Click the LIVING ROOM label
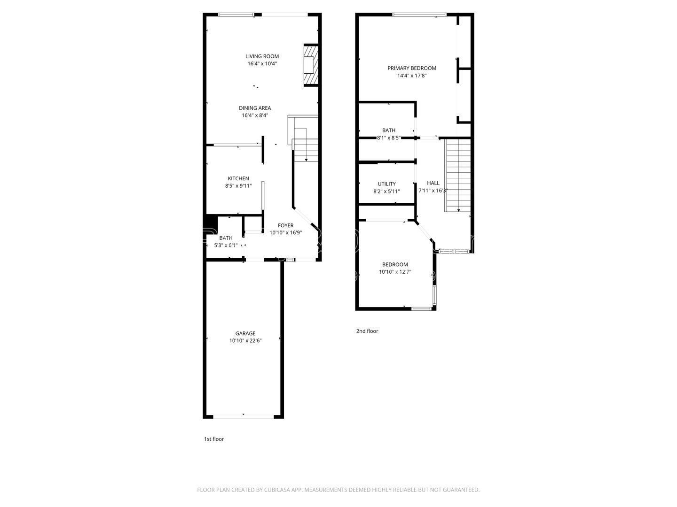pyautogui.click(x=262, y=56)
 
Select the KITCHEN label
pyautogui.click(x=238, y=178)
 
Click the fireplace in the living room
pyautogui.click(x=311, y=65)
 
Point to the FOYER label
pyautogui.click(x=285, y=225)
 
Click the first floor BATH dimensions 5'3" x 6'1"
pyautogui.click(x=226, y=245)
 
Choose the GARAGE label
pyautogui.click(x=245, y=333)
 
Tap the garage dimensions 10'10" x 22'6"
pyautogui.click(x=245, y=341)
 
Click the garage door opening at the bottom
pyautogui.click(x=244, y=416)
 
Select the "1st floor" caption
pyautogui.click(x=214, y=439)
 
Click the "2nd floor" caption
pyautogui.click(x=367, y=331)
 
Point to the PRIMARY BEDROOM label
pyautogui.click(x=412, y=68)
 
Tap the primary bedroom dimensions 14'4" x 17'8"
pyautogui.click(x=412, y=76)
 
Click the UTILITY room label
pyautogui.click(x=386, y=184)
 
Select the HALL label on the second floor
pyautogui.click(x=433, y=183)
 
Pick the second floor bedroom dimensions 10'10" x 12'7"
pyautogui.click(x=395, y=272)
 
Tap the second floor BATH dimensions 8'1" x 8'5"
pyautogui.click(x=389, y=138)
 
